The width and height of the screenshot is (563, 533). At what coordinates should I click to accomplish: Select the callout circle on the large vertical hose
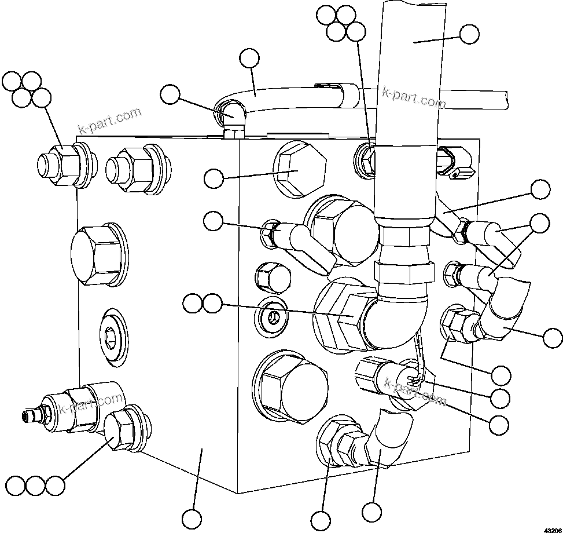pyautogui.click(x=469, y=34)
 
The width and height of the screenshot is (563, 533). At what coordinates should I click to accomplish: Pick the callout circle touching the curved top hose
pyautogui.click(x=249, y=58)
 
